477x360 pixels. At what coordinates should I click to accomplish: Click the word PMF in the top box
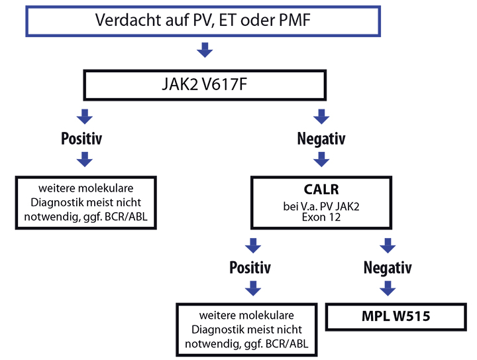(x=294, y=21)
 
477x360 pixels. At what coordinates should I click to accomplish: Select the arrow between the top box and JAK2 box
(x=205, y=50)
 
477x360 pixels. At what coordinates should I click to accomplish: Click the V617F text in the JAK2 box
(x=224, y=84)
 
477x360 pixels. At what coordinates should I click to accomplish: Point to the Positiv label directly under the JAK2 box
(x=81, y=139)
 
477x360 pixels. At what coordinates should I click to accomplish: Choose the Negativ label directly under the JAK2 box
(x=321, y=139)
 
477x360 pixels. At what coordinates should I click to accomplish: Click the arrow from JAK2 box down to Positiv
(x=85, y=117)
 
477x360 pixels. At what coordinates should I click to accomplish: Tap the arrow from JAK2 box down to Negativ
(x=321, y=117)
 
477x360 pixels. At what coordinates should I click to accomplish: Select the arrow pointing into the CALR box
(x=321, y=160)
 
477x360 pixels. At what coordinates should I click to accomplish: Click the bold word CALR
(x=321, y=190)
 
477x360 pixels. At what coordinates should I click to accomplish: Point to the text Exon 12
(x=321, y=217)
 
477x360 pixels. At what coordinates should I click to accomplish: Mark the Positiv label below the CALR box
(x=250, y=267)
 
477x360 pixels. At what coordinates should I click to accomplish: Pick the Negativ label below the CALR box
(x=388, y=268)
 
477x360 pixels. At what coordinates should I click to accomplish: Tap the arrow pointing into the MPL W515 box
(x=388, y=288)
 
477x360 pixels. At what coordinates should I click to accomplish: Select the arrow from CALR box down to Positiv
(x=253, y=245)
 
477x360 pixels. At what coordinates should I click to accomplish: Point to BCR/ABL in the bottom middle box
(x=287, y=344)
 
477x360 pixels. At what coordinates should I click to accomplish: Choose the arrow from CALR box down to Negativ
(x=388, y=245)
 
